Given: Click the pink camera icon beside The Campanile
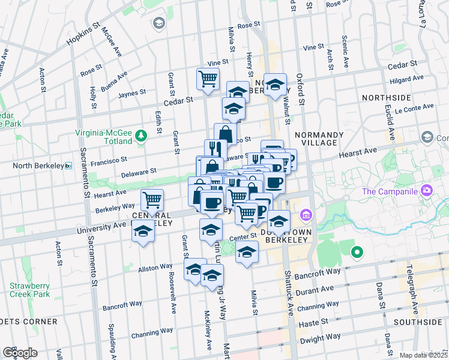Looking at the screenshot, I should pos(427,191).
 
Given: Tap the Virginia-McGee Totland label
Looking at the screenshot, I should pos(103,136).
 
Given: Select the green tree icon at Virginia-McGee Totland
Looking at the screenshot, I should pos(140,135).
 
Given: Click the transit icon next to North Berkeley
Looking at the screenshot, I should pos(68,166).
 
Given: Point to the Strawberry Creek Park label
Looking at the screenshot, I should pos(30,290).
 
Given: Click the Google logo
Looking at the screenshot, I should pos(20,353).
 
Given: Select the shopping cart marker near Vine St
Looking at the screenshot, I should pos(208,79).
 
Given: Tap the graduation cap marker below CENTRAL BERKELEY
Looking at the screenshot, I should pos(143,232).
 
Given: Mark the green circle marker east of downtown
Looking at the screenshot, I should pos(357,253).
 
